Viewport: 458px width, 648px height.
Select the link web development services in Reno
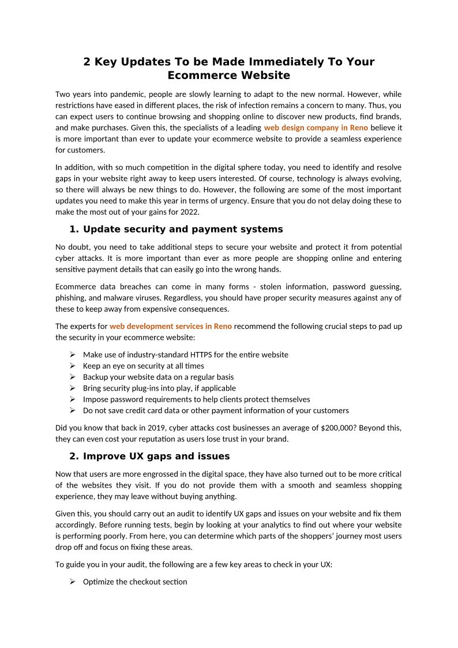tap(171, 326)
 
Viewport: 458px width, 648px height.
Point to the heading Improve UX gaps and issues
tap(156, 456)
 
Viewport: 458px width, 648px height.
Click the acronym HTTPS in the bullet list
tap(184, 355)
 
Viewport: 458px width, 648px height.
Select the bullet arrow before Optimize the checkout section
tap(73, 582)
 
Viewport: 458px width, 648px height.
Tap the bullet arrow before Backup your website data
tap(73, 377)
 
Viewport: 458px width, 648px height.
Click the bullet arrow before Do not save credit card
tap(73, 411)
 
